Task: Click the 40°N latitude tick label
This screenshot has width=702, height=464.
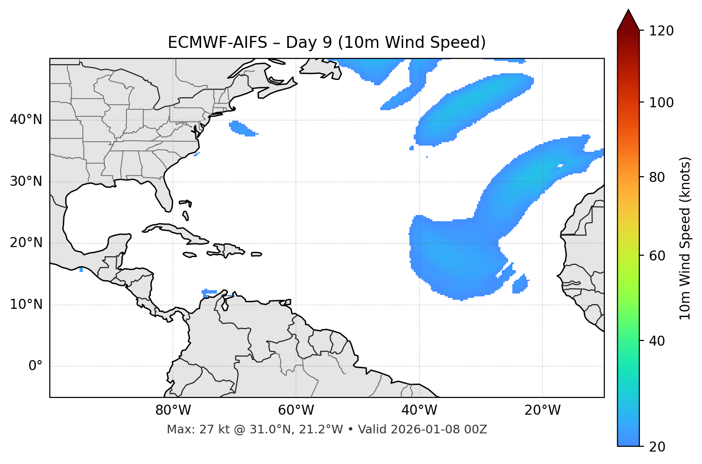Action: [26, 120]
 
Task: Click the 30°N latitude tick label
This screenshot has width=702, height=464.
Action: [26, 181]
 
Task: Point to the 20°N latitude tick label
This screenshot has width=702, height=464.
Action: [26, 243]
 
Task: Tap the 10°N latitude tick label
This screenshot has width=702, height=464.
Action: [26, 305]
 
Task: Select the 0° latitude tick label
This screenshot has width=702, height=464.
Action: [35, 366]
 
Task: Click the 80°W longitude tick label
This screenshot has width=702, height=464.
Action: [173, 410]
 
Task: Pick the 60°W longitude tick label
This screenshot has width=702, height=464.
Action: [296, 410]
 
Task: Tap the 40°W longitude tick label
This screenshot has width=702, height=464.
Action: [419, 410]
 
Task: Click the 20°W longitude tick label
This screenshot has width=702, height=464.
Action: [542, 410]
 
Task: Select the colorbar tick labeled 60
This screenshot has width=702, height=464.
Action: [659, 256]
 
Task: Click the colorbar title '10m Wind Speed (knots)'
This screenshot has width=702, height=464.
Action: [685, 238]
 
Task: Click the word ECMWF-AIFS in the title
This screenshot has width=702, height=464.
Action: [217, 43]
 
